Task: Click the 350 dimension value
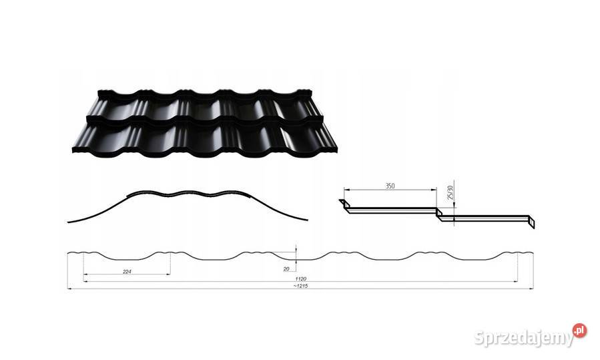(x=390, y=186)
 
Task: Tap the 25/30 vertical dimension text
(x=450, y=192)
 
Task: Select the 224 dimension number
(x=127, y=272)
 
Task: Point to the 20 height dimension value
(x=286, y=269)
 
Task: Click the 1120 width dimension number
(x=301, y=279)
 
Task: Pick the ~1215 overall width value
(x=301, y=286)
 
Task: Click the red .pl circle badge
(x=579, y=330)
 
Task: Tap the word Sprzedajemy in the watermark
(x=523, y=338)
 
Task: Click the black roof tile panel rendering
(x=205, y=124)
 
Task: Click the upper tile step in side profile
(x=390, y=210)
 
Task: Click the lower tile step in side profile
(x=486, y=218)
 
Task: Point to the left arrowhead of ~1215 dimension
(x=69, y=289)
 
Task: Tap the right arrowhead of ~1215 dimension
(x=531, y=289)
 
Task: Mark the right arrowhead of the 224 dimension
(x=168, y=275)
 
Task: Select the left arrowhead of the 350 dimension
(x=346, y=189)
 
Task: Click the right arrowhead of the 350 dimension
(x=434, y=189)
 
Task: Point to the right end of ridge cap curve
(x=308, y=220)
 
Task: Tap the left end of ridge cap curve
(x=67, y=222)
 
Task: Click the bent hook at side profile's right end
(x=531, y=223)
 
